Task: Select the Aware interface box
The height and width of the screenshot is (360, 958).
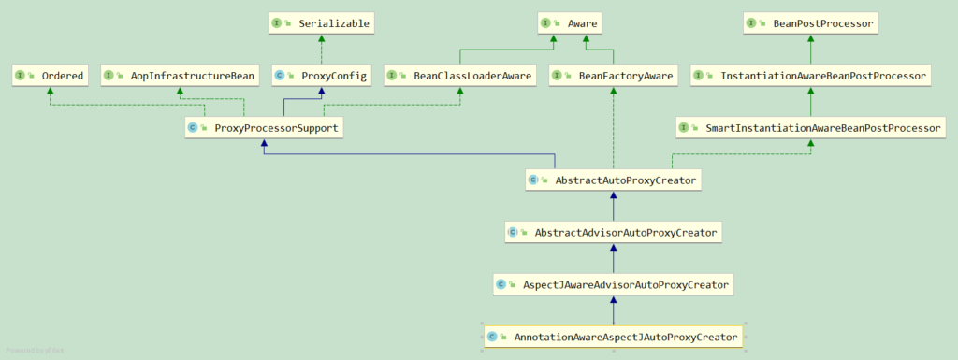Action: [x=569, y=24]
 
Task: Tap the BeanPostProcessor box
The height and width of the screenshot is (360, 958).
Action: [x=810, y=24]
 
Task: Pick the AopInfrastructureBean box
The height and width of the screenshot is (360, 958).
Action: [x=179, y=77]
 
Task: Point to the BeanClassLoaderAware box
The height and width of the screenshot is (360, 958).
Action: [x=460, y=77]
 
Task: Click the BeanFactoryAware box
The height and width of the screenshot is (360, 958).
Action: [x=614, y=77]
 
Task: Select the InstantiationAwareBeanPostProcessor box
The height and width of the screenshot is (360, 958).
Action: [x=810, y=77]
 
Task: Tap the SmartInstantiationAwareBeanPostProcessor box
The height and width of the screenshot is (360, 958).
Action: [x=810, y=128]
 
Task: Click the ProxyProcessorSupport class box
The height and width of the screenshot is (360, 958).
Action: [x=263, y=128]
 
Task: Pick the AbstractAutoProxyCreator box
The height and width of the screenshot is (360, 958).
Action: [x=614, y=180]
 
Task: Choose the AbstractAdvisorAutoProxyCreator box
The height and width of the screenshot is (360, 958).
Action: [x=614, y=233]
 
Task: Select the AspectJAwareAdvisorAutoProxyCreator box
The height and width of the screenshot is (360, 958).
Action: [x=614, y=284]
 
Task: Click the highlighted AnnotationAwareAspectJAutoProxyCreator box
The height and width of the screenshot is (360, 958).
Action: [x=614, y=337]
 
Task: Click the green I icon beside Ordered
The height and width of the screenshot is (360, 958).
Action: [x=21, y=77]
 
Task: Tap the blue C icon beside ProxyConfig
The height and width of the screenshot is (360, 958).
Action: [x=279, y=77]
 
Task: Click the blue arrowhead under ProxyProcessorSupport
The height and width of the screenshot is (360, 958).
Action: [x=263, y=142]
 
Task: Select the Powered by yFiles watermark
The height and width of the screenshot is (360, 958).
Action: [x=35, y=351]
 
